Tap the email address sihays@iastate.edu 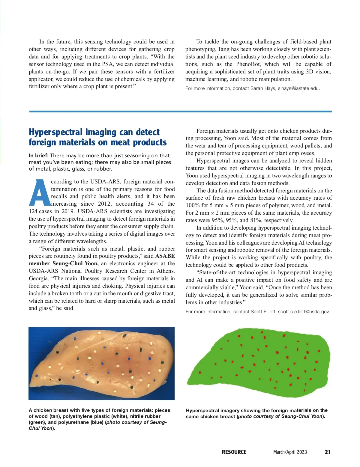(x=298, y=88)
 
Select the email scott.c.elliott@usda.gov (x=304, y=312)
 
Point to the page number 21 (x=328, y=452)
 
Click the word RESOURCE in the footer (x=234, y=452)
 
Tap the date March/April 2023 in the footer (x=290, y=452)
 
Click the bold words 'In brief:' (x=39, y=156)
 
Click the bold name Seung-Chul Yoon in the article (x=75, y=263)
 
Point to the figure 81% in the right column (x=256, y=220)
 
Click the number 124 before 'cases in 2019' (x=33, y=211)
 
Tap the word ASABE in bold (x=165, y=256)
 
